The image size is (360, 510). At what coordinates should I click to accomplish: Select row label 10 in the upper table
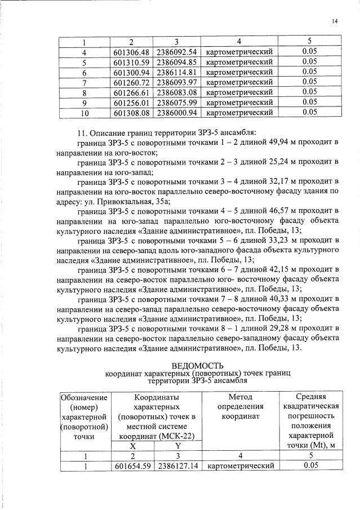click(x=86, y=113)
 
